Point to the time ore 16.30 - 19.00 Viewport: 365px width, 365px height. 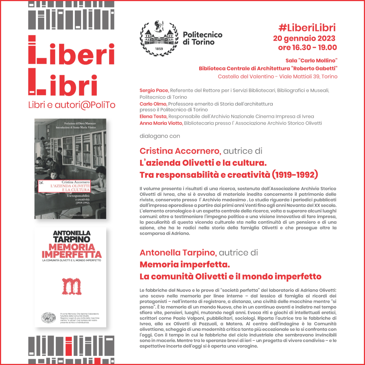pos(307,47)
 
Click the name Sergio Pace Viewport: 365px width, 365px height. pos(151,91)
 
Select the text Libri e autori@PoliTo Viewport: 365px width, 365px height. pos(72,105)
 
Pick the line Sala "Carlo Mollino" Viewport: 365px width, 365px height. pos(311,60)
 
